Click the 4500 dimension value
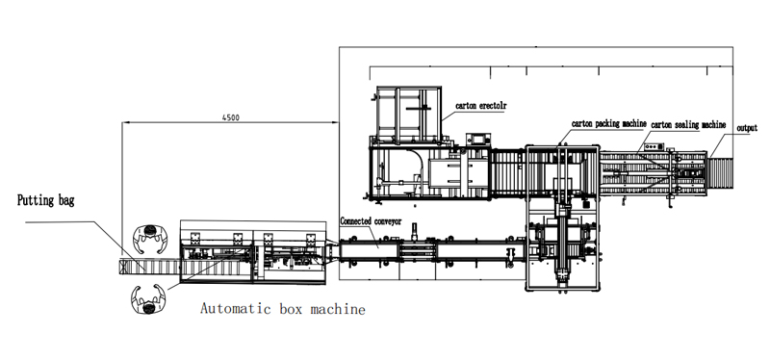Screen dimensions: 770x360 coord(231,117)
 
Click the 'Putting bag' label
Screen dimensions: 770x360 coord(45,200)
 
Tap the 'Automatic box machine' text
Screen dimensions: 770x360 coord(283,309)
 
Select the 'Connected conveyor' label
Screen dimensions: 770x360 coord(371,221)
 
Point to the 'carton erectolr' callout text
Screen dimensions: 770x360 coord(480,106)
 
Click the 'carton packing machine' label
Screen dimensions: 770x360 coord(609,124)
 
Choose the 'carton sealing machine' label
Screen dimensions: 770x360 coord(688,125)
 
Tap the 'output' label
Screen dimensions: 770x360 coord(747,128)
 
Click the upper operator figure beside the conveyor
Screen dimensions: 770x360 coord(150,239)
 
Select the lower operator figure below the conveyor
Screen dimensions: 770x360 coord(148,299)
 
